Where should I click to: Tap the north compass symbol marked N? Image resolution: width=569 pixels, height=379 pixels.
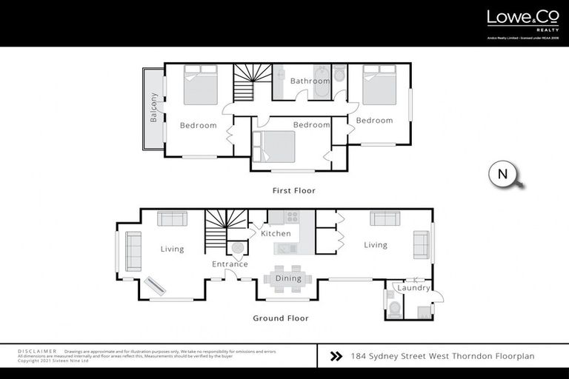coord(503,175)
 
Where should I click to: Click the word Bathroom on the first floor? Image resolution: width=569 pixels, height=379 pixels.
coord(310,81)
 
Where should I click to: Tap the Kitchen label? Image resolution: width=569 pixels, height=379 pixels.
coord(276,234)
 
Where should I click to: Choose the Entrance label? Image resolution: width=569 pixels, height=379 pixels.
coord(230,264)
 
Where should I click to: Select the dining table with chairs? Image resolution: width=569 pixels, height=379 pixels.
coord(287,275)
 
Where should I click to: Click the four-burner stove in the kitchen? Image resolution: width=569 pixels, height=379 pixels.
coord(292,217)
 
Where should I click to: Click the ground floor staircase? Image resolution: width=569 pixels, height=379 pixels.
coord(224,227)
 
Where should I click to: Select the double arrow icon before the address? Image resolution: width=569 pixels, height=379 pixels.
coord(335,357)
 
